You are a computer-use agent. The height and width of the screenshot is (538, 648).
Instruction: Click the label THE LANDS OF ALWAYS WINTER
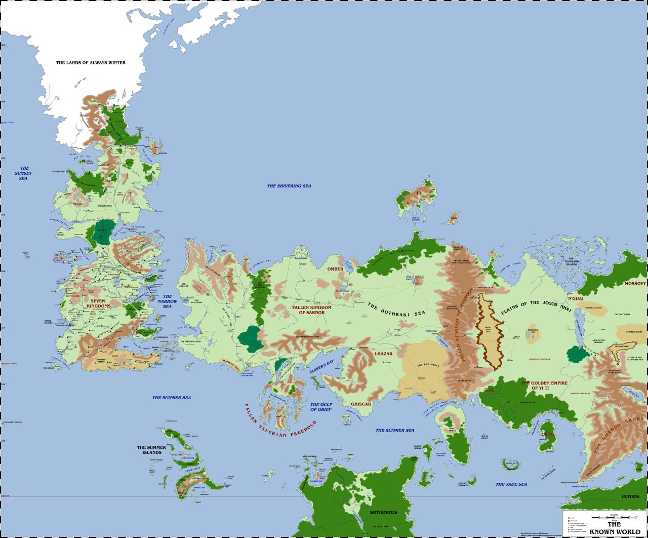coord(91,63)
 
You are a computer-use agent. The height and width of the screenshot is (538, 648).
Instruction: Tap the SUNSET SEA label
coord(24,173)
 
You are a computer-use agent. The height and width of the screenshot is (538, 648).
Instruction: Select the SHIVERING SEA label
coord(289,186)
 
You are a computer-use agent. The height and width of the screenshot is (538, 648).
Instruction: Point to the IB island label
coord(419,193)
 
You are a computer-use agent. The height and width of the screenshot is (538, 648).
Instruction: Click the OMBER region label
coord(335,269)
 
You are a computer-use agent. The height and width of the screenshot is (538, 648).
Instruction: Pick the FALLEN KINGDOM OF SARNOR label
coord(310,310)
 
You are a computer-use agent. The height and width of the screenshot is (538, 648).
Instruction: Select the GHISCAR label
coord(361,404)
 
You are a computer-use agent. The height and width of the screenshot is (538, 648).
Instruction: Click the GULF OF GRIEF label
coord(321,407)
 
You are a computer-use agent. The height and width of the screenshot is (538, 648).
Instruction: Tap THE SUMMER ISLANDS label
coord(151,450)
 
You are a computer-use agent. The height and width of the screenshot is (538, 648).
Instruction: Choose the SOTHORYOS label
coord(383,512)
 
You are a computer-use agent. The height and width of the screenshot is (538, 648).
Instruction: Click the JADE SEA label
coord(511,484)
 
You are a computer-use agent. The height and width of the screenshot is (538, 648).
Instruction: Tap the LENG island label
coord(547,434)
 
